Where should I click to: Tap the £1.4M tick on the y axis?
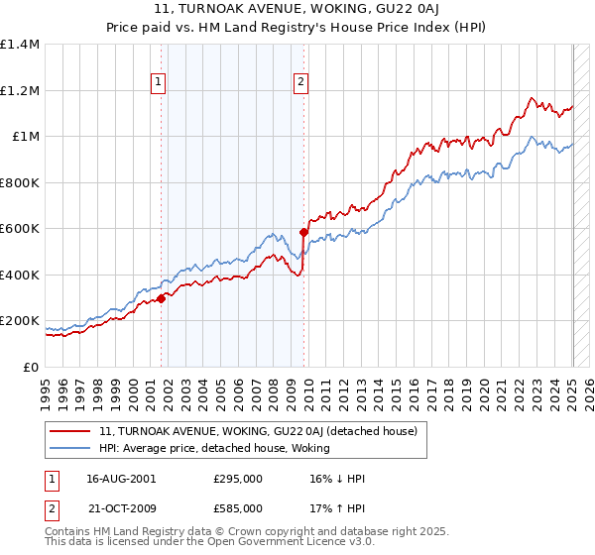tap(20, 45)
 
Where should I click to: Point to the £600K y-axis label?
tap(20, 229)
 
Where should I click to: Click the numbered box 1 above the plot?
tap(160, 83)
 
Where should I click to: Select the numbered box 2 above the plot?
tap(300, 83)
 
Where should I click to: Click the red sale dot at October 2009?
tap(304, 232)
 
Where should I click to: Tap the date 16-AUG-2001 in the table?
tap(121, 478)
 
